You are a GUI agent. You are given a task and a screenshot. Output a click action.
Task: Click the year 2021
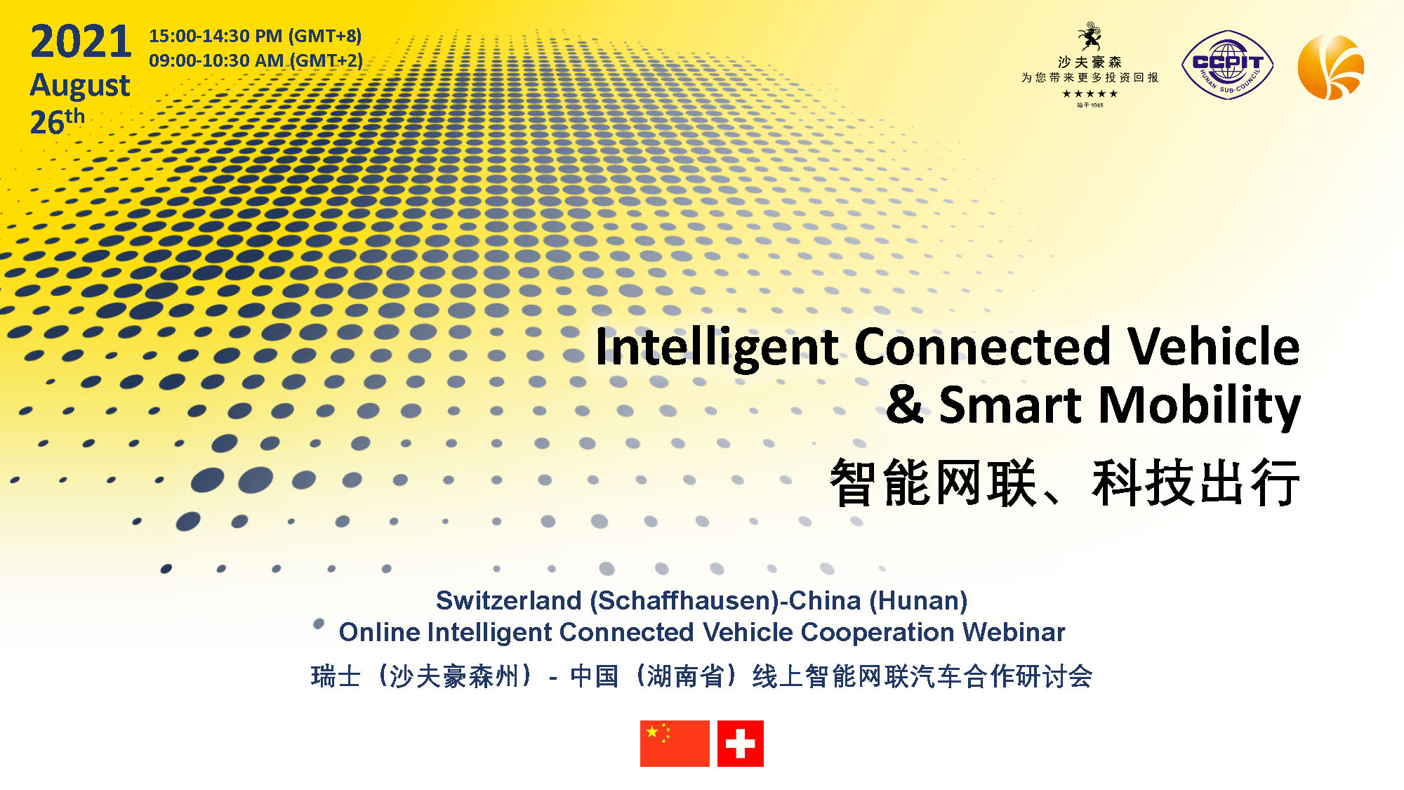click(81, 41)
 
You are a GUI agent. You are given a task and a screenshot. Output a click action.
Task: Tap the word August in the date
click(80, 86)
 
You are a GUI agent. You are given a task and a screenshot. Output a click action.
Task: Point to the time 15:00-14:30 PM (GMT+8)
click(256, 36)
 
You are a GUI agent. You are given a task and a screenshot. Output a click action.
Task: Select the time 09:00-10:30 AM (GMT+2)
click(256, 60)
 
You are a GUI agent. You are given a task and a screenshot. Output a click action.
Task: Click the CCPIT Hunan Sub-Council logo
click(1228, 65)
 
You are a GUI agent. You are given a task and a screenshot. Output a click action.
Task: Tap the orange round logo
click(1331, 67)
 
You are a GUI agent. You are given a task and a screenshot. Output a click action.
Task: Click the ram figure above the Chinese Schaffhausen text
click(1090, 37)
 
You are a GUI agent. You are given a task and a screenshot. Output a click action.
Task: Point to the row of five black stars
click(1090, 93)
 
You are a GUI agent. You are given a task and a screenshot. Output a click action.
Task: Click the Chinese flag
click(675, 743)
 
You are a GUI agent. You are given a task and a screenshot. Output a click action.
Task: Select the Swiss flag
click(741, 743)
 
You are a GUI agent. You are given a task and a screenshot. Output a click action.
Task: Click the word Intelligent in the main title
click(717, 347)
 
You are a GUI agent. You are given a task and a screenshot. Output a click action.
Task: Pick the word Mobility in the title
click(1200, 405)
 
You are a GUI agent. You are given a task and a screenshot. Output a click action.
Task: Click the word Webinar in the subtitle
click(1014, 632)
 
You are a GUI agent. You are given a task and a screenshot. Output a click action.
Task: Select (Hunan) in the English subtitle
click(918, 601)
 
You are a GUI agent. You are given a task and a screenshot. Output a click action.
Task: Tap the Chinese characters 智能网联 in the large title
click(934, 482)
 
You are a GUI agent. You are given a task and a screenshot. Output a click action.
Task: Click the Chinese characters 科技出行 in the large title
click(1196, 482)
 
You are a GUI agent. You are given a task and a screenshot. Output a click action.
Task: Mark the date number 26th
click(58, 121)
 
